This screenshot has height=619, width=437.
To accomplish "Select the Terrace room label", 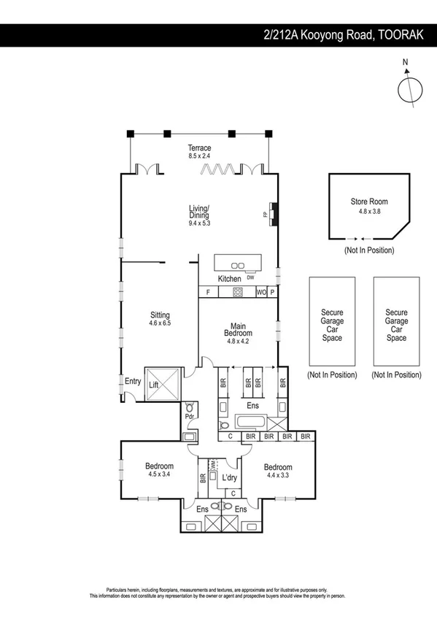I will pyautogui.click(x=199, y=148).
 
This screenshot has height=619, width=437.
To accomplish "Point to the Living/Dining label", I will pyautogui.click(x=198, y=211).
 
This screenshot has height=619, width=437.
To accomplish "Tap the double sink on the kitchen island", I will pyautogui.click(x=237, y=264).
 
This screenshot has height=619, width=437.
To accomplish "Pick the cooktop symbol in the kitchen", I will pyautogui.click(x=237, y=292).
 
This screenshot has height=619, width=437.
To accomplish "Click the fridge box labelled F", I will pyautogui.click(x=209, y=292).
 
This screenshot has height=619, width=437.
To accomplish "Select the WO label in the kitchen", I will pyautogui.click(x=260, y=292).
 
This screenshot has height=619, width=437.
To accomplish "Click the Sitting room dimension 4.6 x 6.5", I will pyautogui.click(x=160, y=323).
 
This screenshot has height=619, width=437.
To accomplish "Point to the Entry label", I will pyautogui.click(x=133, y=381).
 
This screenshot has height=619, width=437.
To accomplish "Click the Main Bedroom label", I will pyautogui.click(x=237, y=330).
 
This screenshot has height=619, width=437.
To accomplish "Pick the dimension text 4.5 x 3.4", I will pyautogui.click(x=159, y=474).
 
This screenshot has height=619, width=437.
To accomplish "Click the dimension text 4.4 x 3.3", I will pyautogui.click(x=278, y=476).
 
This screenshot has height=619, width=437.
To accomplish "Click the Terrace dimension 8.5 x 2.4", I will pyautogui.click(x=199, y=156).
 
